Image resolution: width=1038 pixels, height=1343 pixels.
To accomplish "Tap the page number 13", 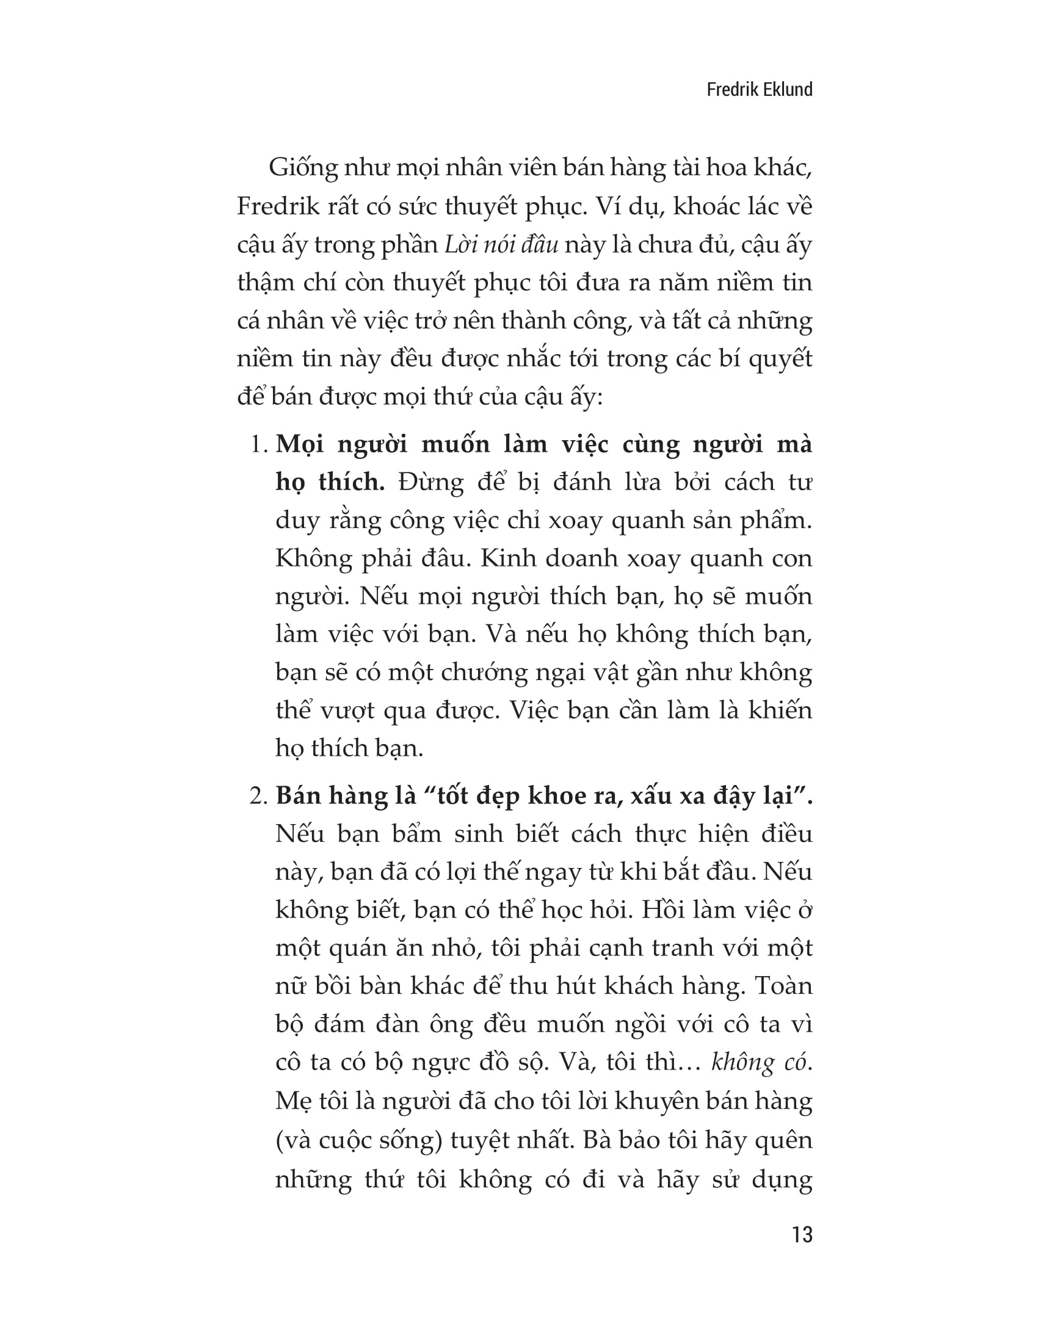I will tap(802, 1235).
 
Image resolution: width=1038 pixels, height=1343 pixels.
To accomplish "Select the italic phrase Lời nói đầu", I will tap(501, 245).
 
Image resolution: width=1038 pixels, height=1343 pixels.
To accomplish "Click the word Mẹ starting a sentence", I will tap(292, 1101).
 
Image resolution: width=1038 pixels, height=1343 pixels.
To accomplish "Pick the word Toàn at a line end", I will tap(782, 986).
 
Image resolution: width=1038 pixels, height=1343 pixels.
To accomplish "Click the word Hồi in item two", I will tap(663, 911).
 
